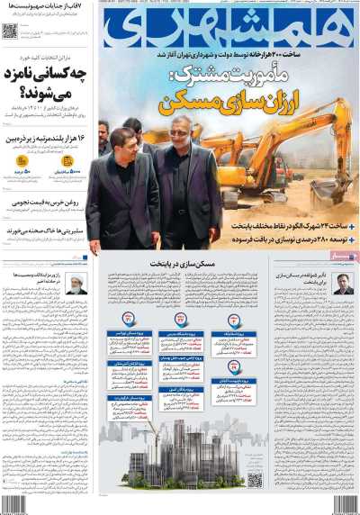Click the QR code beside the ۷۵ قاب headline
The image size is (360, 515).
tap(10, 31)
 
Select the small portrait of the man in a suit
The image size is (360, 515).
tap(342, 285)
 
